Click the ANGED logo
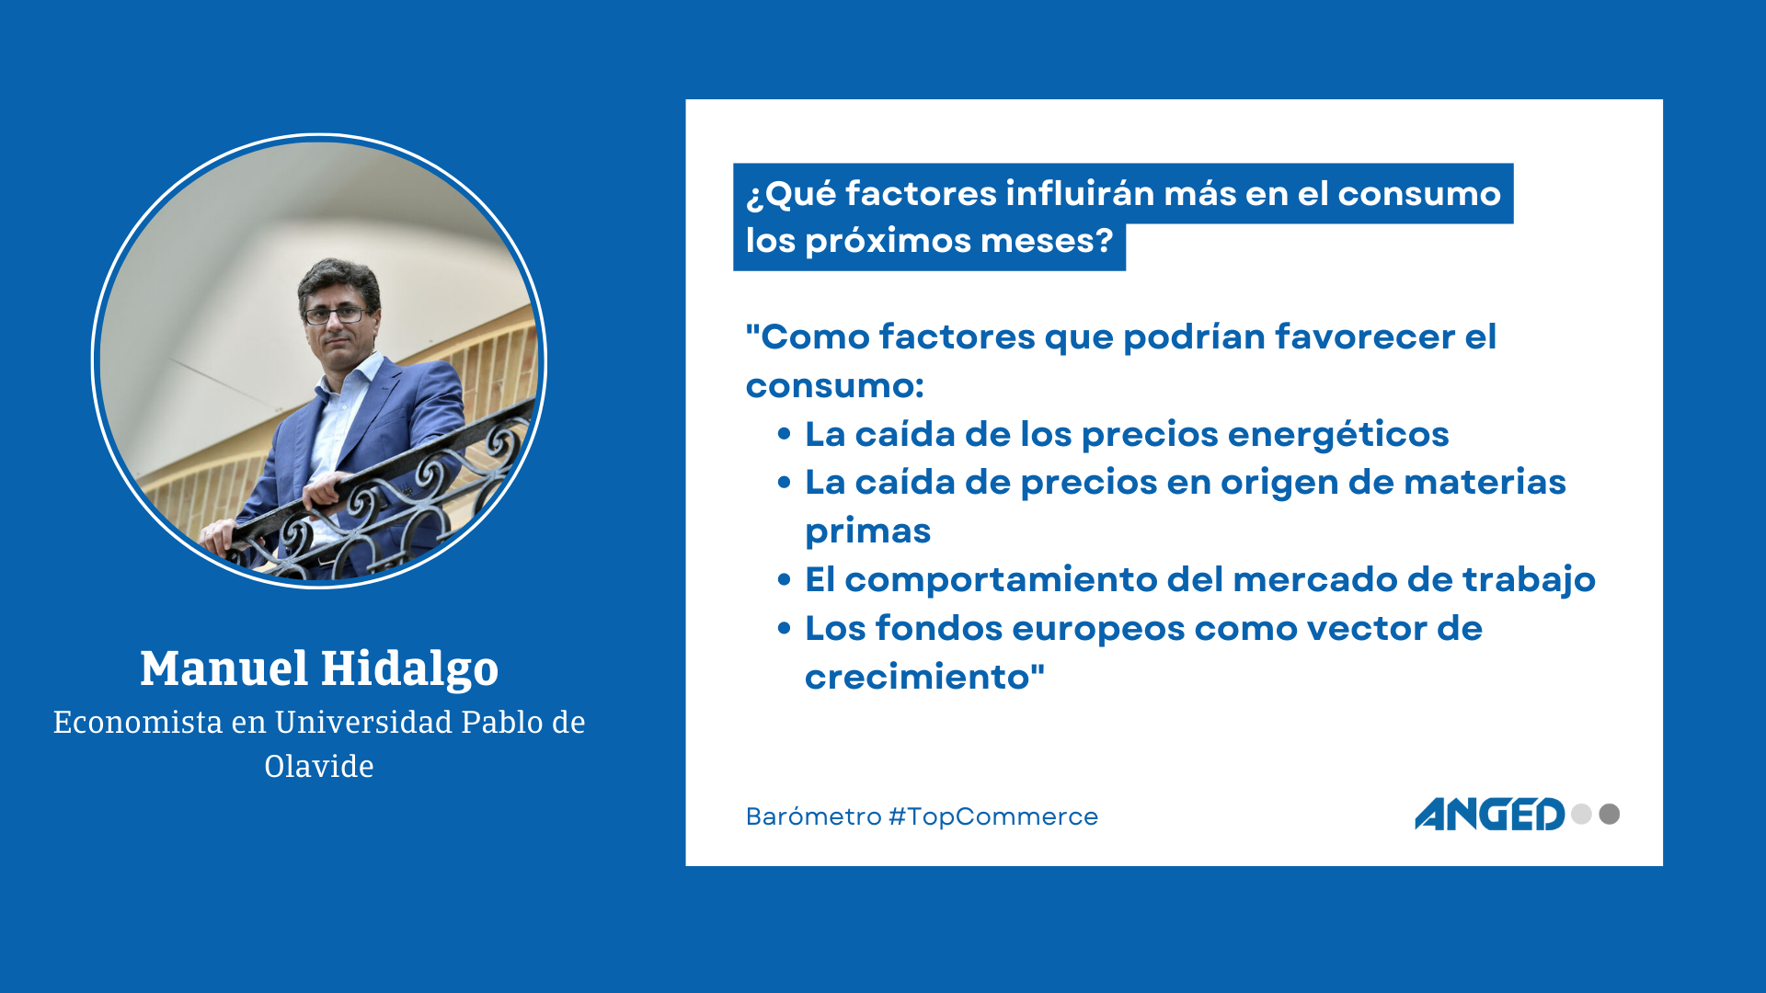click(x=1489, y=815)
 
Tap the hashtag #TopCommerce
click(x=993, y=816)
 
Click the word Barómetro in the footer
click(x=814, y=816)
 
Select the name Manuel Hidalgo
click(x=319, y=669)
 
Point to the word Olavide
click(x=319, y=766)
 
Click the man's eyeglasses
click(x=336, y=314)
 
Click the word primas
click(x=867, y=531)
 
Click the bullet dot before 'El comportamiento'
click(x=784, y=579)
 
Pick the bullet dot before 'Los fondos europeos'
click(x=784, y=628)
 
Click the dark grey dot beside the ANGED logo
click(x=1610, y=814)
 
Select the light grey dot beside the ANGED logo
click(x=1581, y=814)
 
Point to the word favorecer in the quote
click(x=1364, y=337)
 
